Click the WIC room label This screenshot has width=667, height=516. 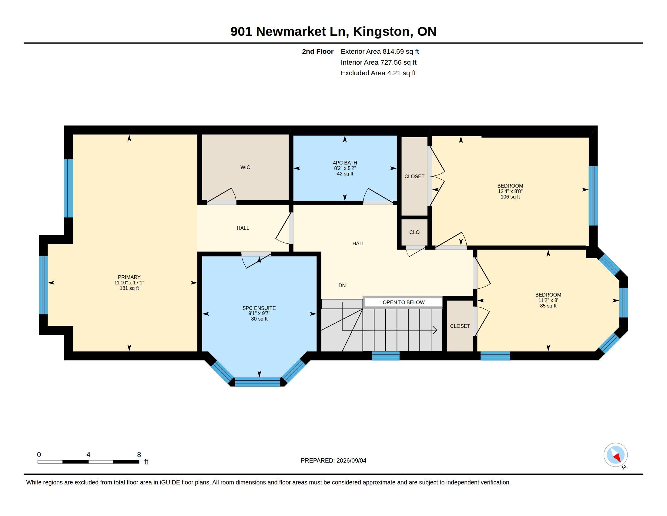pyautogui.click(x=245, y=167)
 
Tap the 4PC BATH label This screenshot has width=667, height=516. pyautogui.click(x=345, y=163)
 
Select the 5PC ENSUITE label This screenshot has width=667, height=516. pyautogui.click(x=259, y=308)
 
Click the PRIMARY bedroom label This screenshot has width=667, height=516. pyautogui.click(x=129, y=277)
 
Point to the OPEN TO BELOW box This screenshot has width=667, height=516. pyautogui.click(x=404, y=302)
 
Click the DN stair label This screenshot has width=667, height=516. pyautogui.click(x=342, y=285)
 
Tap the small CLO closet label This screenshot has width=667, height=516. pyautogui.click(x=414, y=232)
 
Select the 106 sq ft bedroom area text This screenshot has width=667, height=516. pyautogui.click(x=510, y=197)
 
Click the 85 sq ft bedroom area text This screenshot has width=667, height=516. pyautogui.click(x=548, y=306)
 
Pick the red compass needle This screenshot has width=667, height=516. pyautogui.click(x=617, y=458)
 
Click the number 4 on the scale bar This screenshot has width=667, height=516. pyautogui.click(x=88, y=455)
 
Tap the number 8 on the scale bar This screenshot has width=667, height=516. pyautogui.click(x=139, y=455)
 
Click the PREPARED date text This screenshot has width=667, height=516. pyautogui.click(x=333, y=460)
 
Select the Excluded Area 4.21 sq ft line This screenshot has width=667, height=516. pyautogui.click(x=378, y=73)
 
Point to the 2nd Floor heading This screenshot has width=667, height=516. pyautogui.click(x=318, y=52)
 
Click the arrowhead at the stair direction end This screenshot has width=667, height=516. pyautogui.click(x=435, y=330)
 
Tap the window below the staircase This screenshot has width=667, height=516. pyautogui.click(x=386, y=356)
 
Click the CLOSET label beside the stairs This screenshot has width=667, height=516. pyautogui.click(x=460, y=326)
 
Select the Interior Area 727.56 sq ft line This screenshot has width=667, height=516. pyautogui.click(x=379, y=62)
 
